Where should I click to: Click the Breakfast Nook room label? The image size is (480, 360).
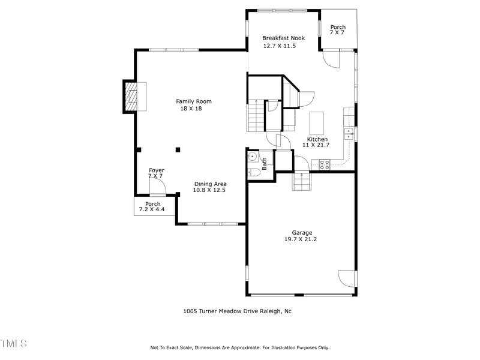(283, 38)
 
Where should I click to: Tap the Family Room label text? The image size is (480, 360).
(193, 101)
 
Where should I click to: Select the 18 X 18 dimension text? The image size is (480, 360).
(191, 109)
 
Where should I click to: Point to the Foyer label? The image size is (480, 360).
(156, 170)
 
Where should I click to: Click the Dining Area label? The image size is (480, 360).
(209, 184)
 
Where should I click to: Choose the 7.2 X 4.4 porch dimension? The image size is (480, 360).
(152, 210)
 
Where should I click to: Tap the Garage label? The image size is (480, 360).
(302, 232)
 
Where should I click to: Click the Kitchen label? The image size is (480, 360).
(317, 139)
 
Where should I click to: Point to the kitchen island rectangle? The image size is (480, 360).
(316, 123)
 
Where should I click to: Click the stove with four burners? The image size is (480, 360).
(324, 164)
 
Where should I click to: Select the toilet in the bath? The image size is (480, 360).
(254, 172)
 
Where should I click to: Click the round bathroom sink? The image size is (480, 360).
(253, 158)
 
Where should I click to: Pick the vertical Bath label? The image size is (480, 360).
(264, 164)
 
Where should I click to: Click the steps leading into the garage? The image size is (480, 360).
(301, 181)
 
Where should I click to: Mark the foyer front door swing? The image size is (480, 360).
(157, 187)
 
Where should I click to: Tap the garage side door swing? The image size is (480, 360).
(347, 278)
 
